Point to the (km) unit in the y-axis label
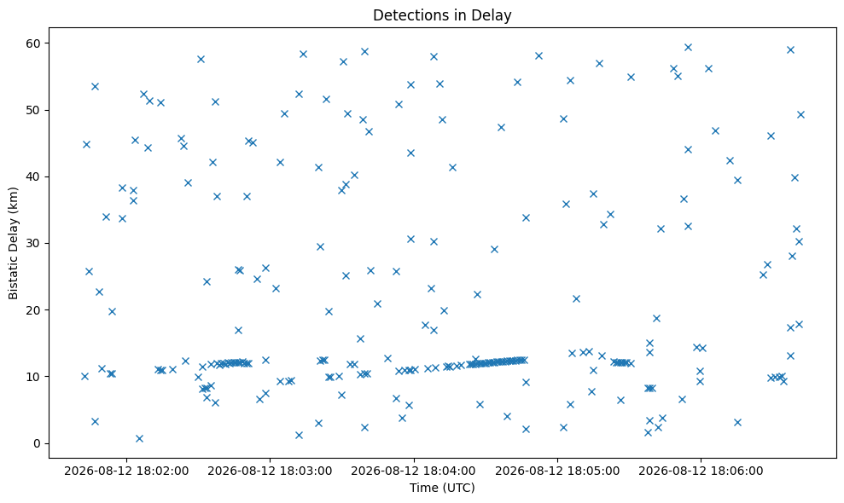pyautogui.click(x=14, y=199)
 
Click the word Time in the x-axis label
pyautogui.click(x=423, y=488)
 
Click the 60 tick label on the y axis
pyautogui.click(x=35, y=43)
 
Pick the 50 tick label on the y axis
pyautogui.click(x=35, y=110)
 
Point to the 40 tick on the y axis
pyautogui.click(x=35, y=176)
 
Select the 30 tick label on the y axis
pyautogui.click(x=35, y=243)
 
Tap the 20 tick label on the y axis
pyautogui.click(x=35, y=309)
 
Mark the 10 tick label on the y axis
pyautogui.click(x=35, y=377)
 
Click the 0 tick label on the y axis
pyautogui.click(x=38, y=443)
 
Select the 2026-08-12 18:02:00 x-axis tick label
pyautogui.click(x=126, y=471)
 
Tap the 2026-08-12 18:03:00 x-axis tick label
pyautogui.click(x=270, y=471)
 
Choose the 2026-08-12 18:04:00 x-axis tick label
pyautogui.click(x=413, y=471)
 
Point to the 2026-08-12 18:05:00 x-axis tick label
pyautogui.click(x=557, y=471)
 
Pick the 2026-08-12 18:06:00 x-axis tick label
pyautogui.click(x=701, y=471)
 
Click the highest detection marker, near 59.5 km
pyautogui.click(x=688, y=48)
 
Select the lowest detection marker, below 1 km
pyautogui.click(x=139, y=438)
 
